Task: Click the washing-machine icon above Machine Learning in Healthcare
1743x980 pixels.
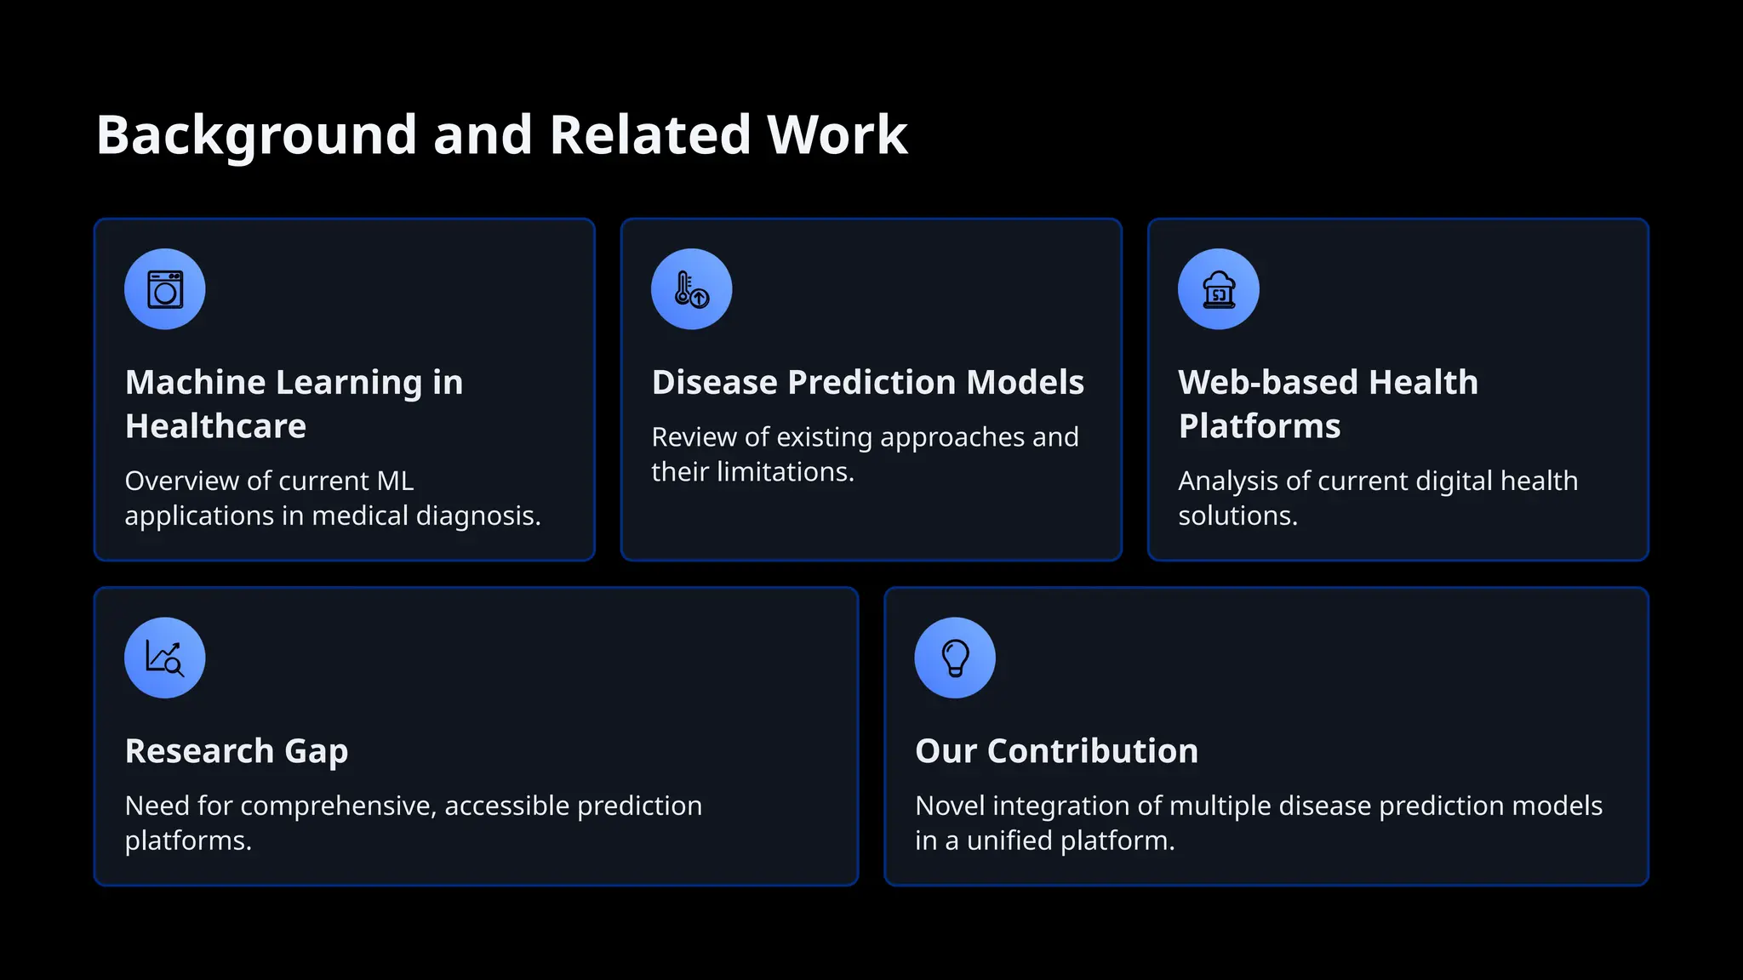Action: point(165,289)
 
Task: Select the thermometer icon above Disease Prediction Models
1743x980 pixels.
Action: point(691,289)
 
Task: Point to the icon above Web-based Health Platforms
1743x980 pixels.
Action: point(1218,289)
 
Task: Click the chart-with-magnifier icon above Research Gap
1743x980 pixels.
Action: point(165,658)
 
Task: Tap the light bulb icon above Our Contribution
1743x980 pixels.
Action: point(955,658)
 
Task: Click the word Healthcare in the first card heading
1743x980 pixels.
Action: point(215,426)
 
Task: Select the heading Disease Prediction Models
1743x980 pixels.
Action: point(867,383)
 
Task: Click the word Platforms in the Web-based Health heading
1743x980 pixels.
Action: point(1259,426)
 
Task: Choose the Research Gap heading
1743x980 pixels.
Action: point(237,751)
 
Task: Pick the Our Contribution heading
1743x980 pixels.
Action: point(1056,751)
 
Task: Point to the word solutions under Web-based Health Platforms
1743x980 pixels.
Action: point(1237,516)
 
